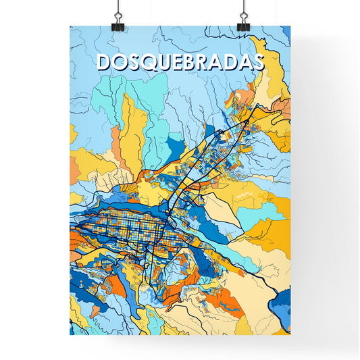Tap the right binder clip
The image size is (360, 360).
tap(242, 20)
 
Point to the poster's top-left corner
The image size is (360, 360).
tap(70, 26)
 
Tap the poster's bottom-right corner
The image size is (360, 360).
tap(290, 334)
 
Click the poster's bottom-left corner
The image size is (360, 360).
tap(70, 334)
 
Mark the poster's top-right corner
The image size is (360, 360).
tap(290, 26)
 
